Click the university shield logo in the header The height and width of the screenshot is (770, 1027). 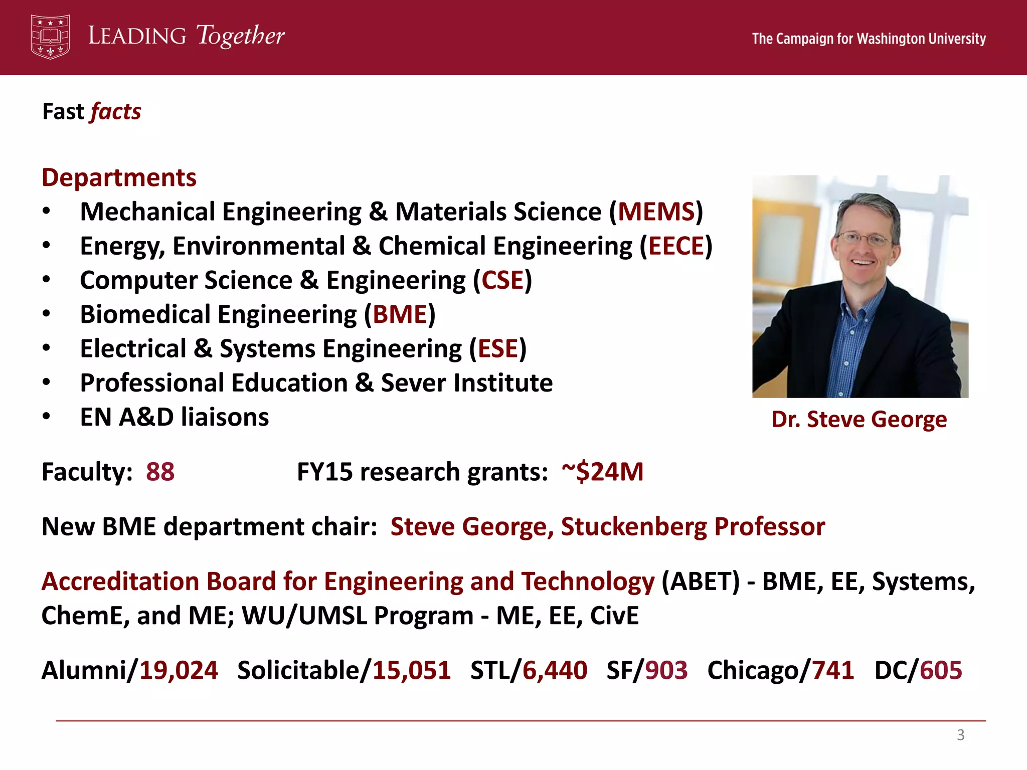coord(50,37)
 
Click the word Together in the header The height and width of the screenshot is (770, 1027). coord(241,36)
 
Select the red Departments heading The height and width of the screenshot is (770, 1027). coord(119,177)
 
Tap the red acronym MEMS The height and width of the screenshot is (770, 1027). coord(656,212)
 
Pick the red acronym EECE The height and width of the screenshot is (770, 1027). coord(676,246)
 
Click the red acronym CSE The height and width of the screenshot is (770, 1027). coord(502,280)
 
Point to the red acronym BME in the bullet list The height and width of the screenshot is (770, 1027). coord(400,314)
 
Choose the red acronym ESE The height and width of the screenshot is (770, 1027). coord(498,348)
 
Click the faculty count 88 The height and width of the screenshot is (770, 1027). coord(160,472)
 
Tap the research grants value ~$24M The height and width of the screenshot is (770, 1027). coord(602,472)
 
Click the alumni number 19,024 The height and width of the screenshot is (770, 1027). coord(179,670)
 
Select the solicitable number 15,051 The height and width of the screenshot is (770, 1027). coord(412,670)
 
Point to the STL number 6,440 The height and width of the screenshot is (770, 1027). coord(555,670)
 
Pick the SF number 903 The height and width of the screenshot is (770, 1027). coord(666,670)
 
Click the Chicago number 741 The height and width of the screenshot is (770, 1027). coord(833,670)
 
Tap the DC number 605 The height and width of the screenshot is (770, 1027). coord(941,670)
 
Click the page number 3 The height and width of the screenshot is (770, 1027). coord(960,735)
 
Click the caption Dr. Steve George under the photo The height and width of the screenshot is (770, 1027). coord(859,419)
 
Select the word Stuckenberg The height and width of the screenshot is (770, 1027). coord(634,527)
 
